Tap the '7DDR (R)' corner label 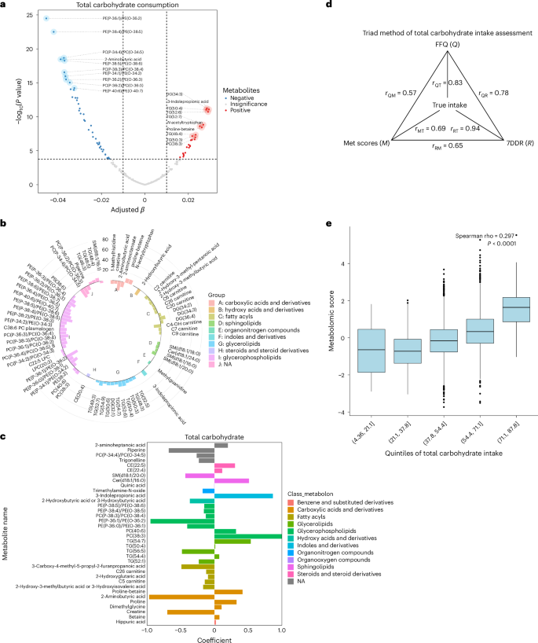click(511, 143)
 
